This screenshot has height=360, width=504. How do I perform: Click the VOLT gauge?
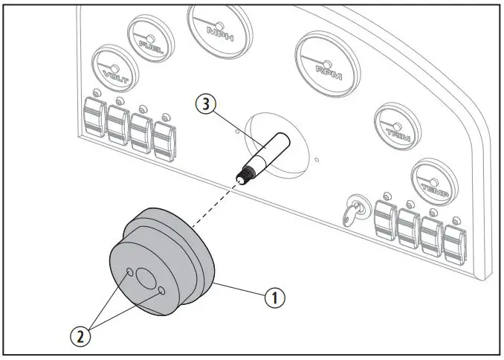point(114,66)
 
